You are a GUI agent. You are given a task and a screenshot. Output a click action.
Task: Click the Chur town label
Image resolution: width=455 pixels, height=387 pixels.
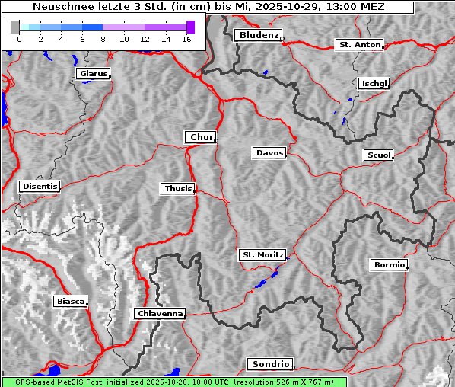pos(201,137)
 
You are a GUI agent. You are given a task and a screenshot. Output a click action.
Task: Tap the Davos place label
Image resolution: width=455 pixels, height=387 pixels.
pos(269,153)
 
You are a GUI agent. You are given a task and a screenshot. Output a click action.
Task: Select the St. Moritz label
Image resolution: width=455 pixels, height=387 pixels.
pos(262,255)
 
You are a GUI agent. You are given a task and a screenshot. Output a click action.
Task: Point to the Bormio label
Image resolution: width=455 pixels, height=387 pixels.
pos(389,265)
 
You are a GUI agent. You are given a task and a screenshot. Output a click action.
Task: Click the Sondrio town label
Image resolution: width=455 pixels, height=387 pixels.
pos(269,364)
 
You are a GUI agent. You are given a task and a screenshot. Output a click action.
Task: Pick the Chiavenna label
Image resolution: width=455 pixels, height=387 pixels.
pos(160,313)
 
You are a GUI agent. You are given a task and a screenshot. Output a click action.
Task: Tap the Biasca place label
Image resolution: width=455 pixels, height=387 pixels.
pos(71,301)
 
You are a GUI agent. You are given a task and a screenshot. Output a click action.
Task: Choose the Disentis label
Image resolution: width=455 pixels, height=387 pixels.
pos(40,186)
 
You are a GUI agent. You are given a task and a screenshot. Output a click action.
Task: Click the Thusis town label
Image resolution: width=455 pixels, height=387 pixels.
pos(178,188)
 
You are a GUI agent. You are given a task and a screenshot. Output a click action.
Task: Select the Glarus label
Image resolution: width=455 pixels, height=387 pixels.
pos(93,74)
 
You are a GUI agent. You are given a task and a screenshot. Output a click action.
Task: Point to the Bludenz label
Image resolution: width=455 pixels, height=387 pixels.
pos(257,35)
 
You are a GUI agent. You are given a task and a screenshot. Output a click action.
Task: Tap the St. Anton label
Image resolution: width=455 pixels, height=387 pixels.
pos(358,45)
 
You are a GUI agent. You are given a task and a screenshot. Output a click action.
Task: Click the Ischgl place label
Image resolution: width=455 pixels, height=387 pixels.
pos(374,83)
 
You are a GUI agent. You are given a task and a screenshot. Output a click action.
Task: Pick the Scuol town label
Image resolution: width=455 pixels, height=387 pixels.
pos(378,155)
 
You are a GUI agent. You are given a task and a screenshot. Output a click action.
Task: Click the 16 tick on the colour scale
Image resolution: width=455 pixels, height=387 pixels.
pos(186,39)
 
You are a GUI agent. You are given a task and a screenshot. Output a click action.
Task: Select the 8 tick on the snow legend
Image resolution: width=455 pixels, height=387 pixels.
pos(103,39)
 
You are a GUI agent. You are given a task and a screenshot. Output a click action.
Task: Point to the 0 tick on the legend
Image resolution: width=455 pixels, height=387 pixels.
pos(18,39)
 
